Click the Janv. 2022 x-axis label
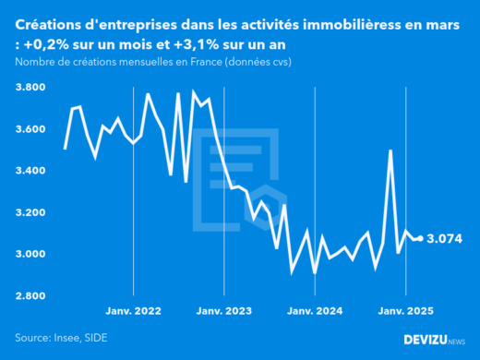pos(135,312)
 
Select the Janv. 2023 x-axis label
pos(225,312)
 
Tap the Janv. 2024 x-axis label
pos(316,312)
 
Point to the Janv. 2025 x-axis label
pos(406,312)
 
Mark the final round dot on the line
pos(421,238)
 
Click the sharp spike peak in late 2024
pos(390,150)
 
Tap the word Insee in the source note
pos(71,339)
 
